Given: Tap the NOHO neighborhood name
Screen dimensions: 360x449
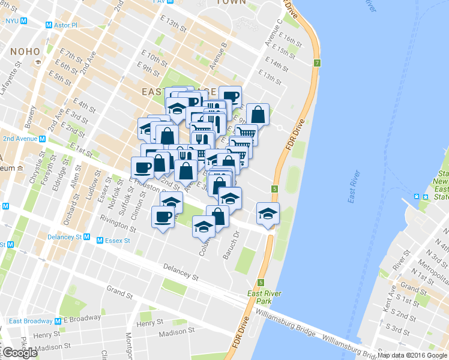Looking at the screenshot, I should click(x=23, y=52).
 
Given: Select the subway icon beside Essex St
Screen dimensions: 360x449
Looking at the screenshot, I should click(x=101, y=241).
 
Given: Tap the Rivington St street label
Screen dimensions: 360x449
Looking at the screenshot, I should click(x=118, y=226).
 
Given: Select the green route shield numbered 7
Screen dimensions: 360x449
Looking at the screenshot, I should click(x=316, y=63).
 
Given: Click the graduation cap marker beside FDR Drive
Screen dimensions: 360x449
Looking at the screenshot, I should click(x=268, y=213).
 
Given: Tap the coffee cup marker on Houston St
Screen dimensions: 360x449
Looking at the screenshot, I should click(x=143, y=166).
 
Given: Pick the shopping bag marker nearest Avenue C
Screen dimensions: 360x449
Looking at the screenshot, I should click(x=258, y=113).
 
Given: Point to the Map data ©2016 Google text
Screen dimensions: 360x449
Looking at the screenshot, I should click(x=412, y=355).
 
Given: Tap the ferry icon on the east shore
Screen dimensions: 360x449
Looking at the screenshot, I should click(x=416, y=196).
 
